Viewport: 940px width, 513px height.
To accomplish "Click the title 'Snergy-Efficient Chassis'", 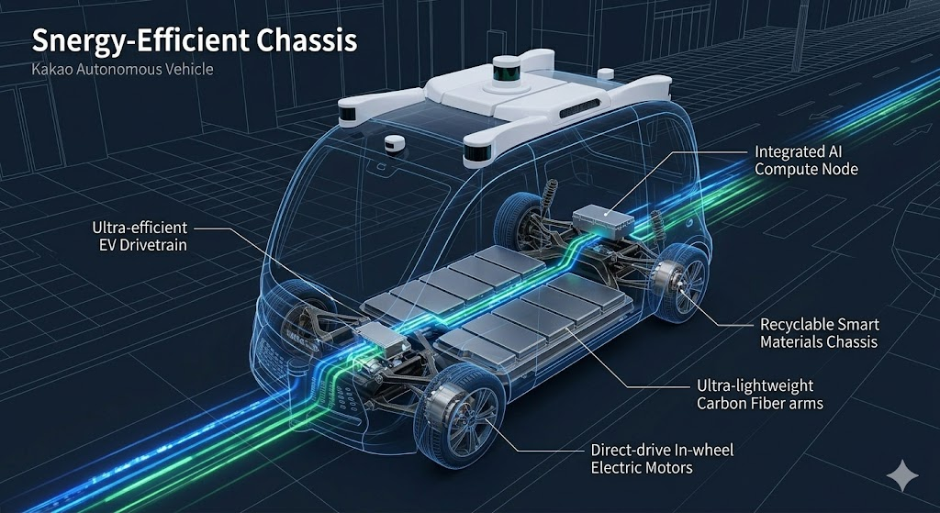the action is [x=195, y=40].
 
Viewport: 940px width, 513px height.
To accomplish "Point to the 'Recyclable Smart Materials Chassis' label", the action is [x=820, y=333].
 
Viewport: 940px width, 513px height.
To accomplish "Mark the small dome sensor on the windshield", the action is [x=396, y=143].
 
